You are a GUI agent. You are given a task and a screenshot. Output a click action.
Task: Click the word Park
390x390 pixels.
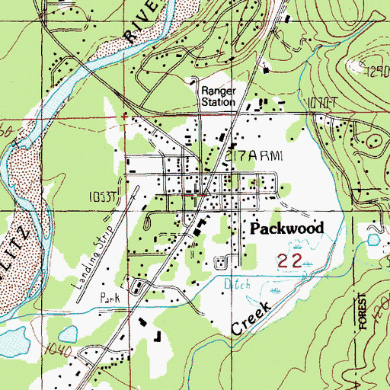pyautogui.click(x=112, y=298)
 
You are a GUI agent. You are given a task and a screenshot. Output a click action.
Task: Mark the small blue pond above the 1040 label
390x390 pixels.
pyautogui.click(x=66, y=333)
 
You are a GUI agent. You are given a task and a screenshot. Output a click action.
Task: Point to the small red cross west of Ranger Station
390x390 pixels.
pyautogui.click(x=124, y=116)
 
